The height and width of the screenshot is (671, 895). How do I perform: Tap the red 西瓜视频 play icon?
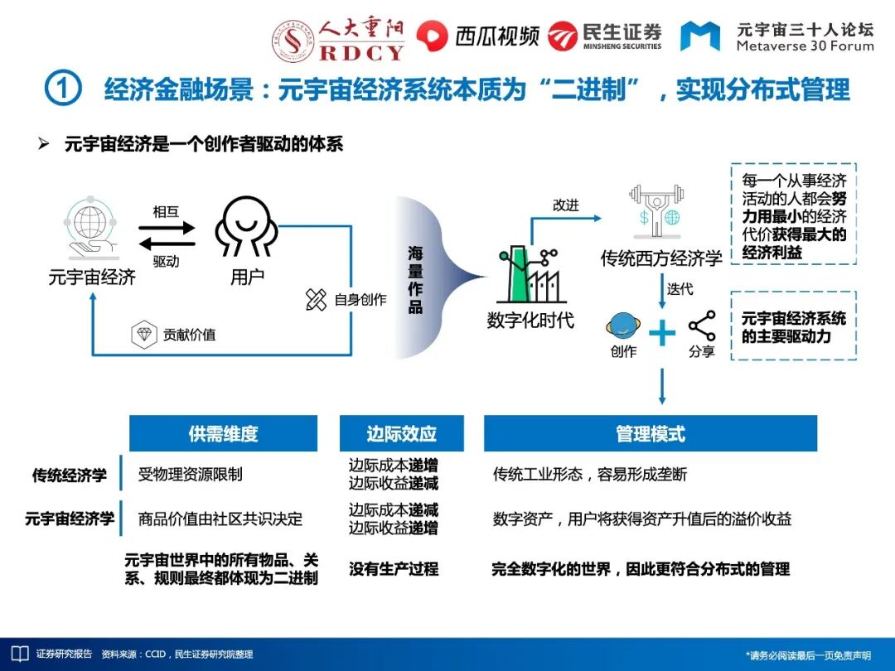point(431,35)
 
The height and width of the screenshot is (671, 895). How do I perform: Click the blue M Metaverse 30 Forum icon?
point(699,36)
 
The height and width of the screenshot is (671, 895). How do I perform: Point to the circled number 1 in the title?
point(62,89)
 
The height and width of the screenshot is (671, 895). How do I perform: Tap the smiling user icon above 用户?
point(244,227)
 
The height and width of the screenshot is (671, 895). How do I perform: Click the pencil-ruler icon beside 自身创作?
point(316,300)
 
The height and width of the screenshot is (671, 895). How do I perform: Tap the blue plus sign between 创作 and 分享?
point(662,333)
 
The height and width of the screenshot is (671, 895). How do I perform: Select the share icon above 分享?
point(702,325)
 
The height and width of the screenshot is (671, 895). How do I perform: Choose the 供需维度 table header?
point(223,433)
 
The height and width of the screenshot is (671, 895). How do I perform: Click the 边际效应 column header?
point(401,433)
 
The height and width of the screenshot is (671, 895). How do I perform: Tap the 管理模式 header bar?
point(651,433)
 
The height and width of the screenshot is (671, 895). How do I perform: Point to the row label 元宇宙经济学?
point(70,519)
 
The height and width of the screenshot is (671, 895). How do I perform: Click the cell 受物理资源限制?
point(191,475)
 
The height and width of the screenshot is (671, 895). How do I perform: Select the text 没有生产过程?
point(394,569)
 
